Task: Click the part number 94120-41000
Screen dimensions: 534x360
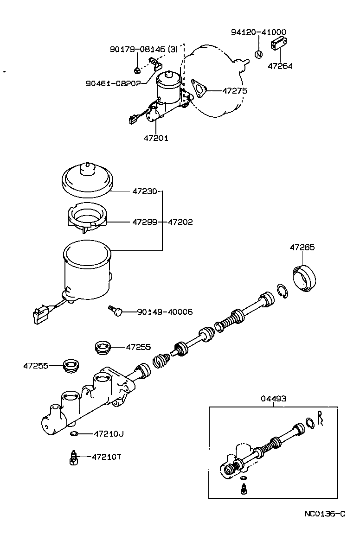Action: point(258,32)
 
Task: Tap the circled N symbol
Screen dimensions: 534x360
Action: point(259,54)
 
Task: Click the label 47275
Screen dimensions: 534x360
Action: point(234,91)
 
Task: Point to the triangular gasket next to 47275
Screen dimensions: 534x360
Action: point(199,88)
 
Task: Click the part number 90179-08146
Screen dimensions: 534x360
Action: point(137,49)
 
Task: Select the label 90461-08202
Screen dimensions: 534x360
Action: point(113,83)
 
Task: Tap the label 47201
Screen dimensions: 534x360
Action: point(155,138)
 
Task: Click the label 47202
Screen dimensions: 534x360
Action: point(180,222)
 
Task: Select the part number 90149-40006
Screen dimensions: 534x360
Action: point(165,312)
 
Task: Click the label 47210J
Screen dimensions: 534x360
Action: point(108,434)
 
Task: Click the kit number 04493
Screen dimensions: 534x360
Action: point(273,398)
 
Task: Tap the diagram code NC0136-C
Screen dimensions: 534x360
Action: point(325,514)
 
